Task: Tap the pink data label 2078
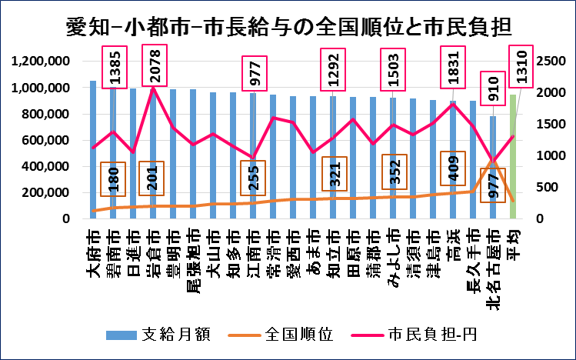pos(152,65)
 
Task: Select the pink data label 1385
pos(113,65)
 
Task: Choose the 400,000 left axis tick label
pos(47,166)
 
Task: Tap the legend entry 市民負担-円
pos(428,335)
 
